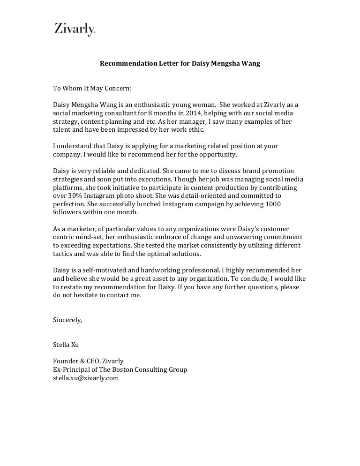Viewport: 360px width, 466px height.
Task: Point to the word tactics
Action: (x=63, y=254)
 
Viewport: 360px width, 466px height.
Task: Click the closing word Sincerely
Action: (x=67, y=320)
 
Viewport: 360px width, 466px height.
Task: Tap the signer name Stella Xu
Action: (x=66, y=345)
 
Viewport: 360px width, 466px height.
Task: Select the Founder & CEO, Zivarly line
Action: (x=88, y=361)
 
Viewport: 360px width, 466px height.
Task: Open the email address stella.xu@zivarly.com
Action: (x=86, y=378)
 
